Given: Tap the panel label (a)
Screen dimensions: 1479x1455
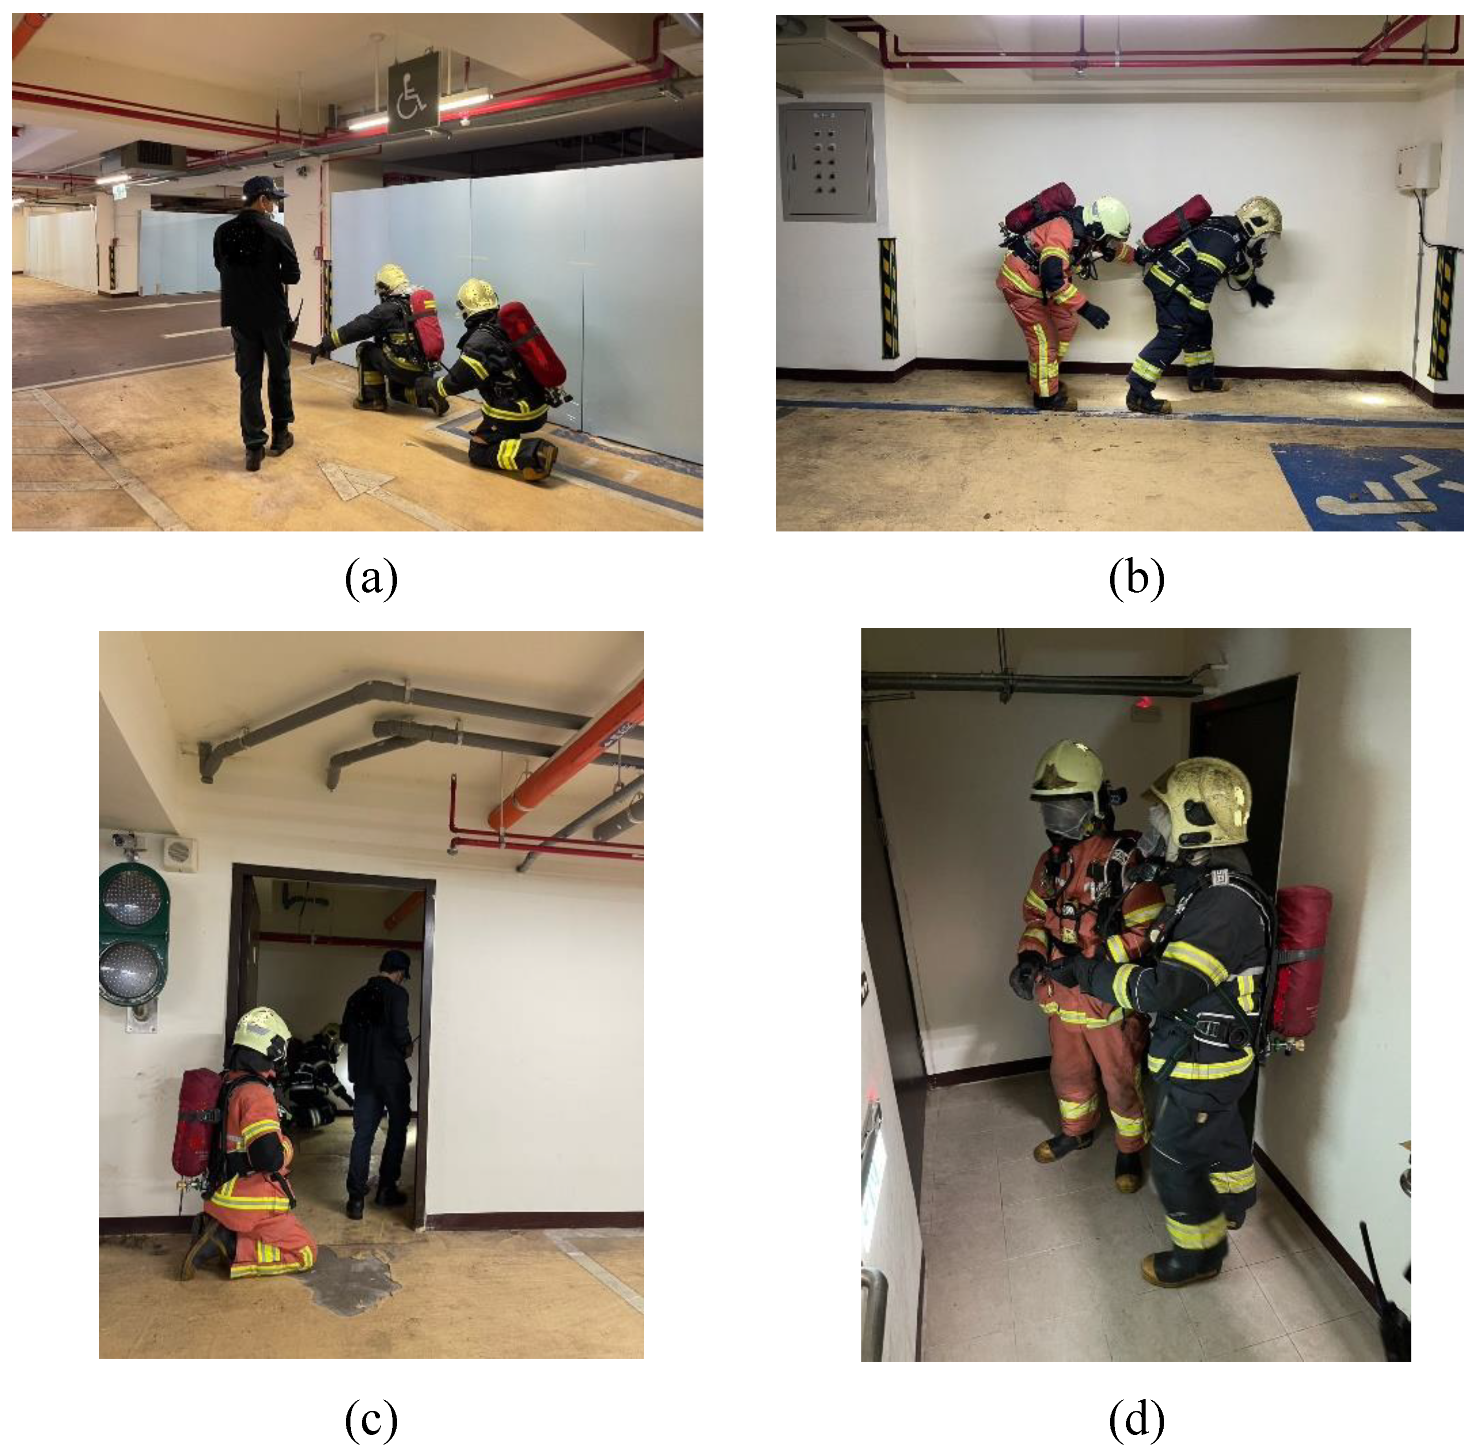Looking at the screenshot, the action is tap(372, 579).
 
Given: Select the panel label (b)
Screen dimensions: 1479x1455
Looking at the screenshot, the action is tap(1136, 579).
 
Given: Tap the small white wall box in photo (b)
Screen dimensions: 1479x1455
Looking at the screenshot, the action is tap(1419, 166).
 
